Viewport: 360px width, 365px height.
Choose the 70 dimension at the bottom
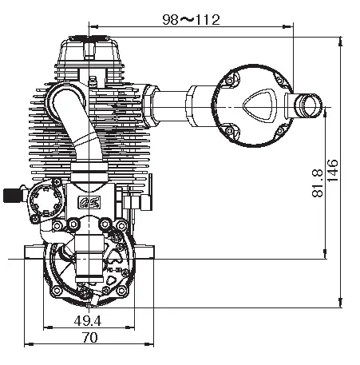[x=89, y=339]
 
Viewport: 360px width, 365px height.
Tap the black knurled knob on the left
[x=10, y=194]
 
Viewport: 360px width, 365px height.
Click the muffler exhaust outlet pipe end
[x=307, y=104]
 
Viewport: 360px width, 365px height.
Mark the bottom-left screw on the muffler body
[x=230, y=131]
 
